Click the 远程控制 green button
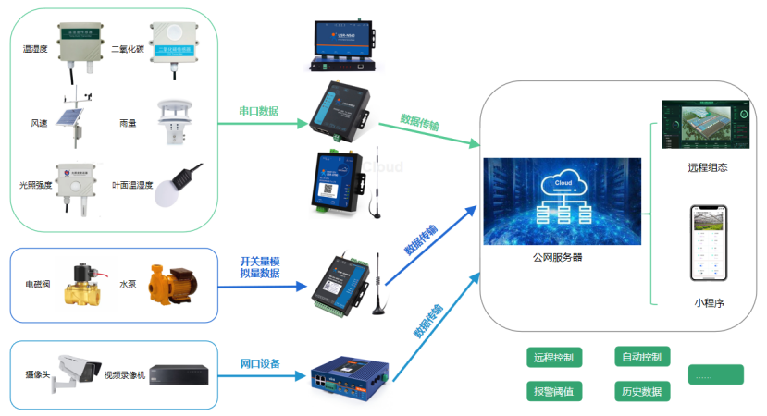click(x=553, y=357)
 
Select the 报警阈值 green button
click(x=553, y=391)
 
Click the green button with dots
click(x=715, y=374)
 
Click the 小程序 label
click(x=709, y=301)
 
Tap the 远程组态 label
click(x=708, y=168)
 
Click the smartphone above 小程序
click(x=709, y=243)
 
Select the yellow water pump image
click(x=170, y=286)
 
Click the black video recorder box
click(x=179, y=374)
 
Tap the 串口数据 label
click(x=259, y=111)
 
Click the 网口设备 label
click(x=260, y=363)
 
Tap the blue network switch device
click(x=347, y=374)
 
